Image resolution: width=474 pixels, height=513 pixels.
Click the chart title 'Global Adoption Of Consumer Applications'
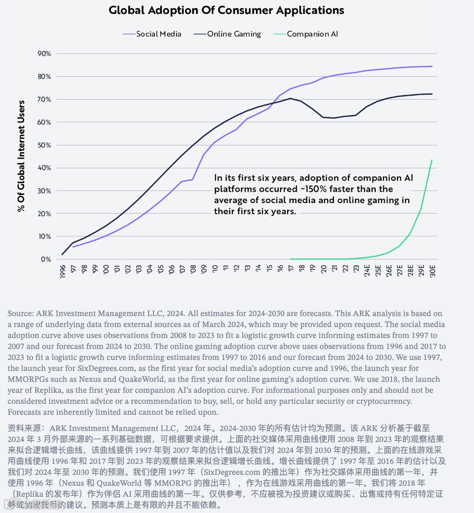click(227, 10)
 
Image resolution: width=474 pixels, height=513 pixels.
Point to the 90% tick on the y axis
click(44, 53)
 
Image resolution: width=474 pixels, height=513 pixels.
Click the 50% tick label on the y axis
click(44, 145)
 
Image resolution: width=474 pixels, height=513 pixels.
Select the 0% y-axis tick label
click(46, 259)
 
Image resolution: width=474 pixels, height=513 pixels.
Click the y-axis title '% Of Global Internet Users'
click(21, 156)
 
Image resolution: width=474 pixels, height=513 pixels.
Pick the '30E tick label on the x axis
click(433, 271)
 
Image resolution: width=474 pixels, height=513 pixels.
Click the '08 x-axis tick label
click(192, 270)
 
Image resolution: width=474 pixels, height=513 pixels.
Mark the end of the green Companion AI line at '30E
click(432, 160)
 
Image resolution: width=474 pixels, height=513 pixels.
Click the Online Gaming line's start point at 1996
click(62, 255)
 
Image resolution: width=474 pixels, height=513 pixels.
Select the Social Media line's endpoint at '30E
click(432, 66)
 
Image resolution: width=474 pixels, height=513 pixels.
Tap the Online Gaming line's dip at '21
click(333, 118)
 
